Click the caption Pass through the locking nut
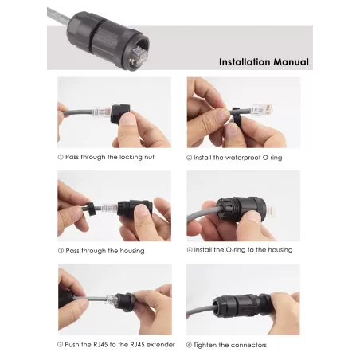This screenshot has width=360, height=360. click(x=114, y=158)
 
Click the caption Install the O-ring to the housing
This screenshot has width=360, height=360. click(x=244, y=250)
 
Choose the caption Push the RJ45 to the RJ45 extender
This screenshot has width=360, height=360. click(x=118, y=344)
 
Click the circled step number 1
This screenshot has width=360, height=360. click(x=61, y=158)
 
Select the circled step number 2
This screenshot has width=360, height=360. click(x=190, y=158)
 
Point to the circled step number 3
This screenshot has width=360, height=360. click(x=61, y=251)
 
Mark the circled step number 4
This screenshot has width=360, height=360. click(x=190, y=250)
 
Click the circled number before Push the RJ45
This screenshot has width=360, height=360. click(x=61, y=344)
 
